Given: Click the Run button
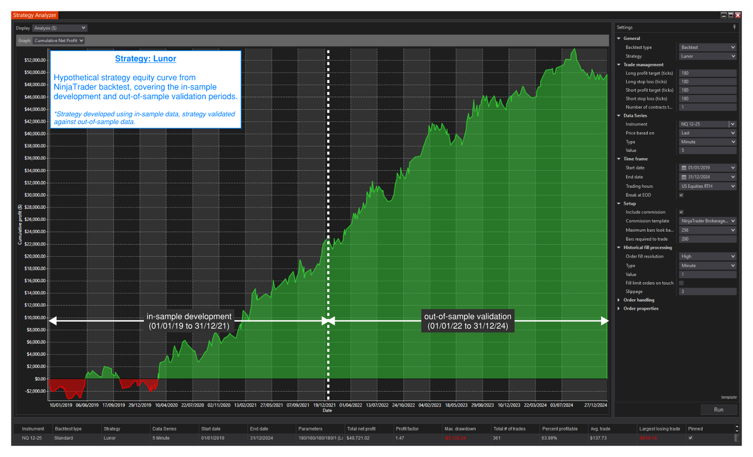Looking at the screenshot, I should pos(718,410).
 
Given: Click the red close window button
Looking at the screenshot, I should pos(738,15).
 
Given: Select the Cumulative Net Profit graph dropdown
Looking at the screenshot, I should pos(59,41).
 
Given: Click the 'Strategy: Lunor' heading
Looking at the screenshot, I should pos(145,59).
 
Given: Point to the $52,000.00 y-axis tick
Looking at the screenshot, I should pos(35,60).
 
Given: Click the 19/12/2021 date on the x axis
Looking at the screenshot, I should pos(324,405).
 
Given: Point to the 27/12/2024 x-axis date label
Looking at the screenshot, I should pos(595,405).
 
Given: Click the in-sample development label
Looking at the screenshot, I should pos(189,321).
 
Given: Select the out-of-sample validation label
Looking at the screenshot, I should pos(467,321).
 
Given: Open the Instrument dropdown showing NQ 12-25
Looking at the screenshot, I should pos(707,125).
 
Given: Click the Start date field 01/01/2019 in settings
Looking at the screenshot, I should pos(707,168).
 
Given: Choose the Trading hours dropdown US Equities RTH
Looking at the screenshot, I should pos(707,186).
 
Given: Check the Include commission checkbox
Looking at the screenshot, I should pos(681,212).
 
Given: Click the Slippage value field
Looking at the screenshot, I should pos(707,291).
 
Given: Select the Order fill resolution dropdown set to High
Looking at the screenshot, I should pos(707,256).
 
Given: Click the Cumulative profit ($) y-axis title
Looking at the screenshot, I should pos(20,225).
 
